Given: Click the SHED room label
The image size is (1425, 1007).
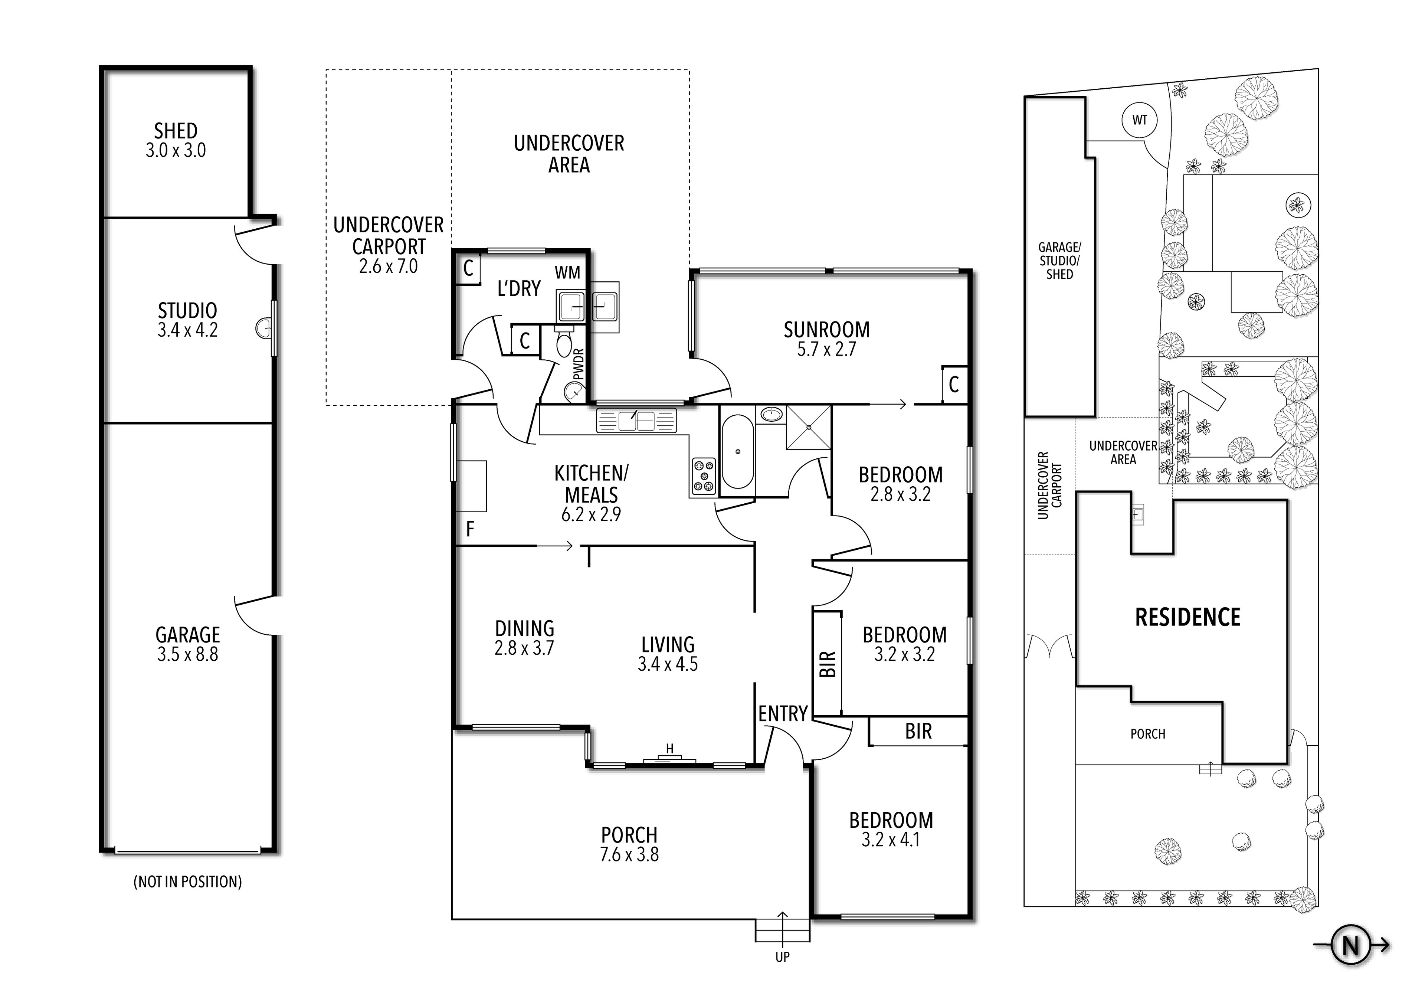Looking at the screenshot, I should click(x=176, y=131).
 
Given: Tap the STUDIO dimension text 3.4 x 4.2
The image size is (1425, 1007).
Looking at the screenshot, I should click(x=187, y=330).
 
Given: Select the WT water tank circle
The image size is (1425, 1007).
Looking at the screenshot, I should click(x=1140, y=120).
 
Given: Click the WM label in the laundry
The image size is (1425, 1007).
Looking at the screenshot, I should click(x=567, y=272).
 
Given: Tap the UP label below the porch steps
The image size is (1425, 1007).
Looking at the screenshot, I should click(x=782, y=957).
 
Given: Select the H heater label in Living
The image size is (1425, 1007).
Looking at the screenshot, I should click(x=670, y=749).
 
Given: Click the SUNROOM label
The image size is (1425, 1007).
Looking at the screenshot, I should click(x=826, y=330).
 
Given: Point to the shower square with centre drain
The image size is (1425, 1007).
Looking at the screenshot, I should click(x=809, y=427).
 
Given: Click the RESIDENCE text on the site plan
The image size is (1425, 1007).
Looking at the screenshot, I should click(x=1187, y=617).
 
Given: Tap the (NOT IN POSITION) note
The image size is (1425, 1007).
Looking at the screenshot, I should click(x=187, y=882).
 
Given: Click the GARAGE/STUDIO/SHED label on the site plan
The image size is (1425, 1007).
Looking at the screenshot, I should click(x=1059, y=261).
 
